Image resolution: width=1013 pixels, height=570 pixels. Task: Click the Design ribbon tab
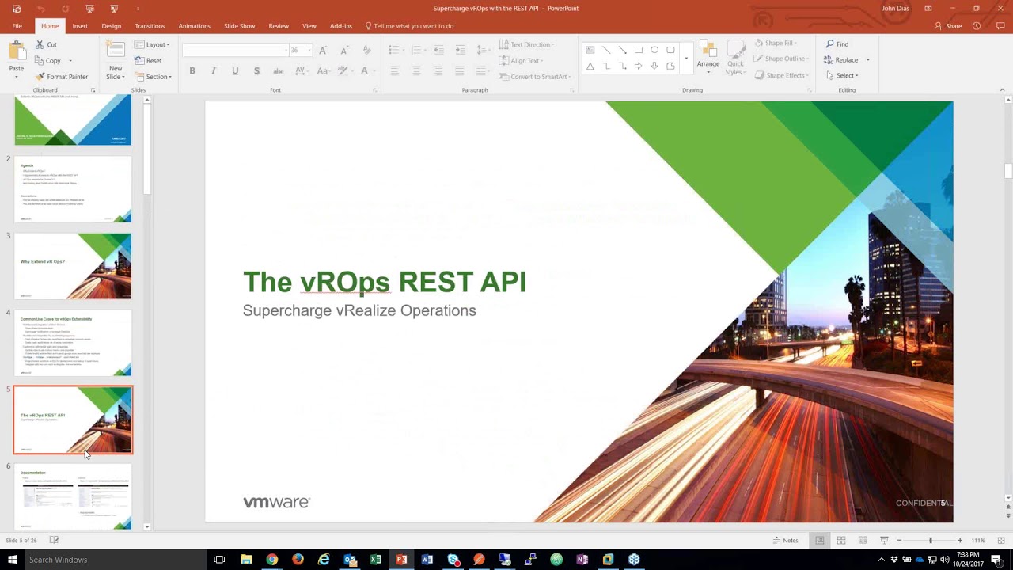[x=111, y=26]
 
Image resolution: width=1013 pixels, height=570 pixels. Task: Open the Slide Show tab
[x=239, y=26]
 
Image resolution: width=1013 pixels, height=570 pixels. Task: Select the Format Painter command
[x=62, y=77]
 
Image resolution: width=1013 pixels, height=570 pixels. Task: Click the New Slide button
[x=116, y=60]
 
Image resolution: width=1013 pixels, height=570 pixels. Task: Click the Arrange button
[x=708, y=55]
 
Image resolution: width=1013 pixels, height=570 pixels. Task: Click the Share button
[x=948, y=26]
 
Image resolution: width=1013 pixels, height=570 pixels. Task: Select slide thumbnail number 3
[x=73, y=266]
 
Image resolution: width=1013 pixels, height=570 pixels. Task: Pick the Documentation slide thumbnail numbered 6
[x=73, y=496]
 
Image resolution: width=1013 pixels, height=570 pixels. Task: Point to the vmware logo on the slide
[x=276, y=502]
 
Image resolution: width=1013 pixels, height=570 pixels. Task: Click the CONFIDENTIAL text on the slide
[x=922, y=503]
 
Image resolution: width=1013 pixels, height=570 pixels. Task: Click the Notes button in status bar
[x=786, y=541]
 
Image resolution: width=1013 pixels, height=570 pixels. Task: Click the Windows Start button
[x=12, y=560]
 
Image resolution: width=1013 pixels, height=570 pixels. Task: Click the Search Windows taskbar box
[x=111, y=560]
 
